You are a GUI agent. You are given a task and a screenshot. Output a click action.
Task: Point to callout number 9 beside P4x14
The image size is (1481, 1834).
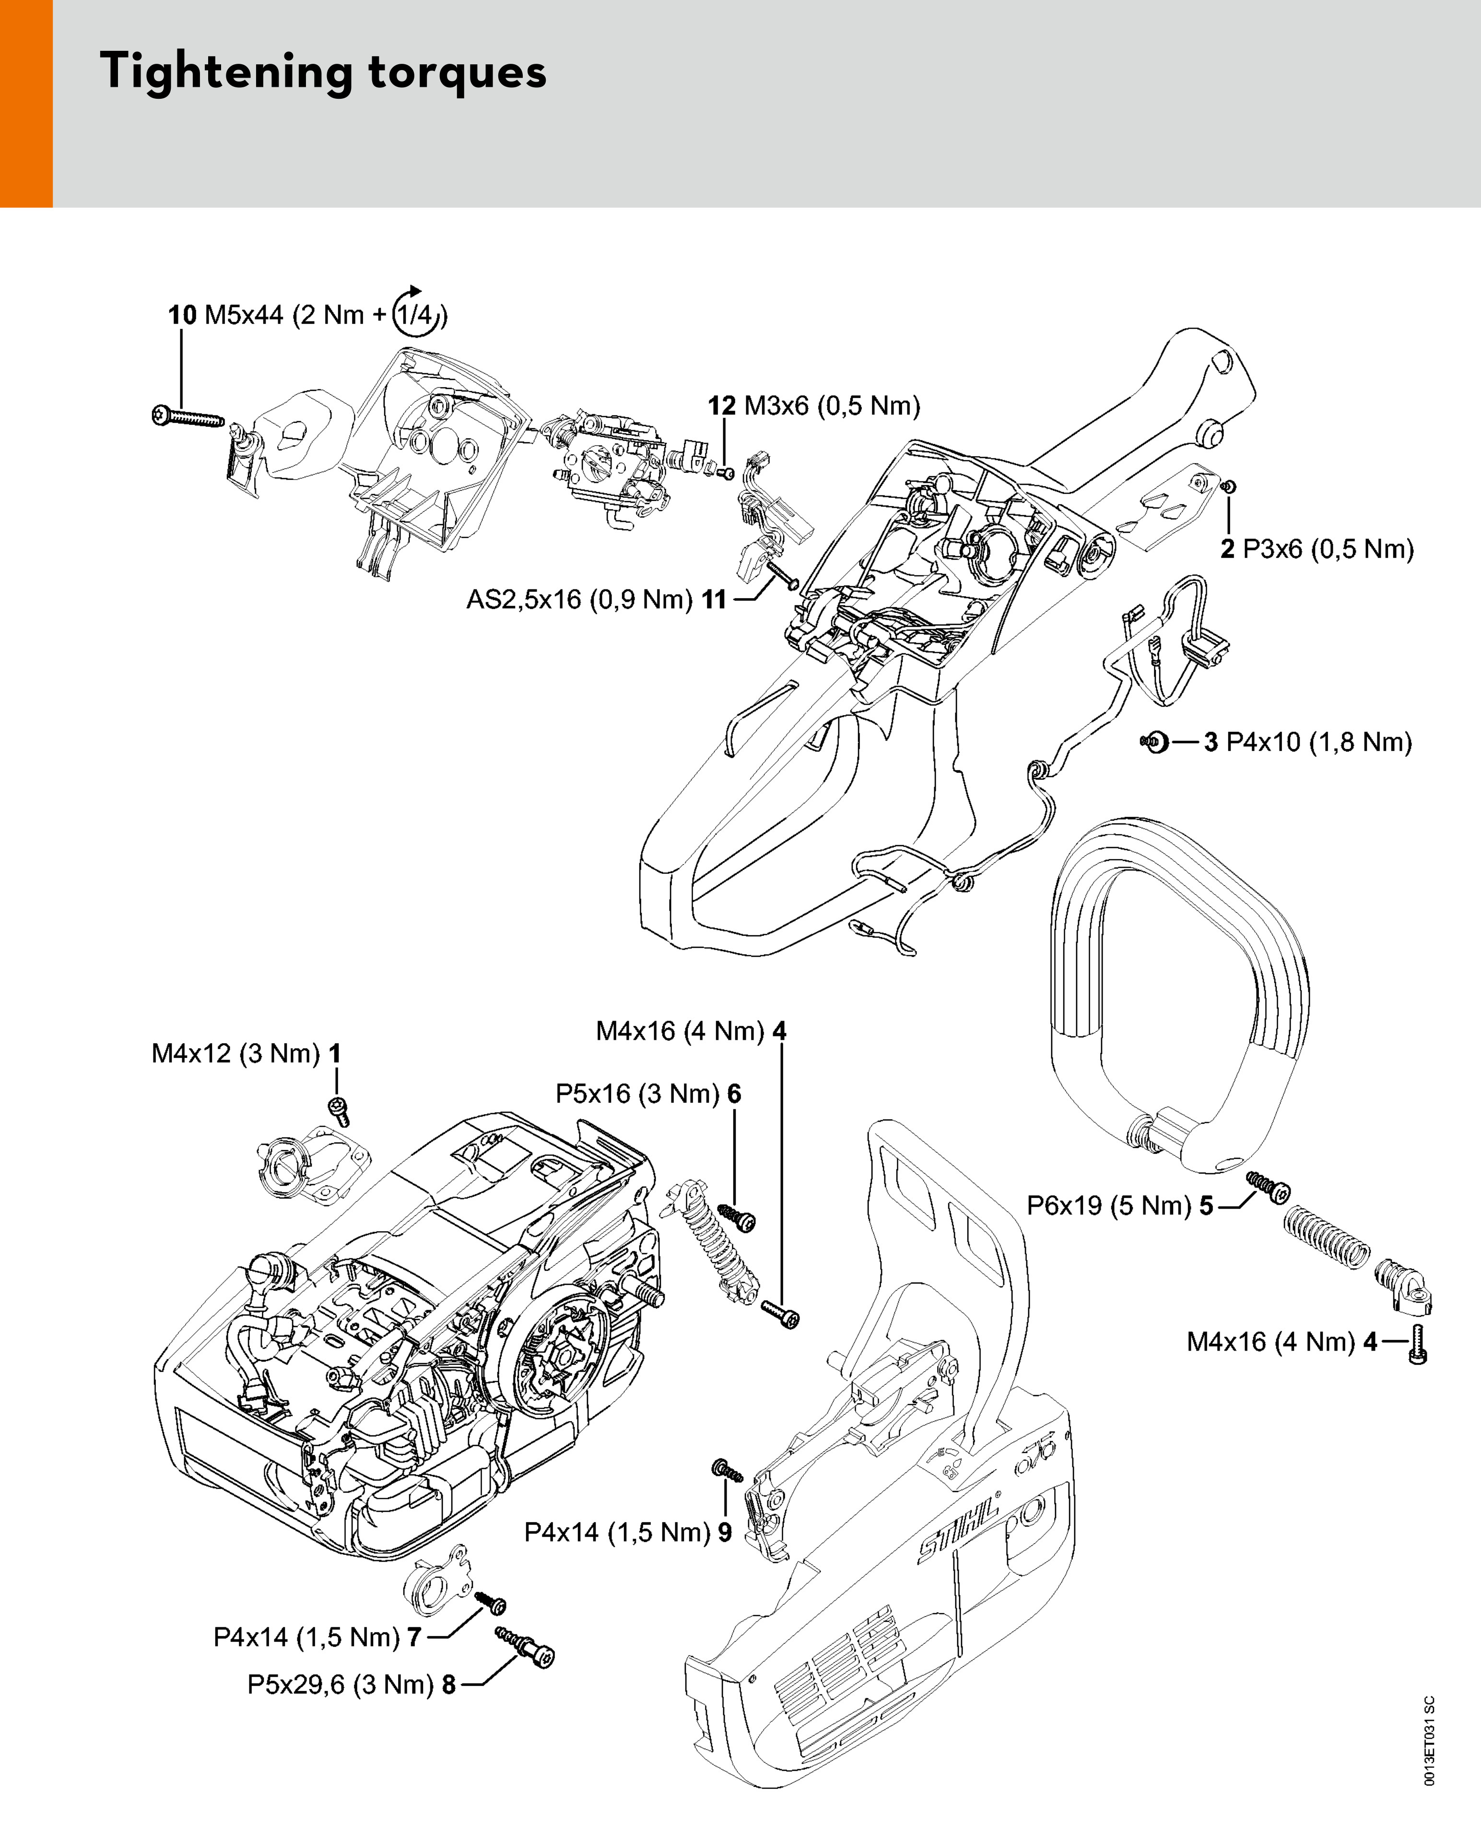click(724, 1533)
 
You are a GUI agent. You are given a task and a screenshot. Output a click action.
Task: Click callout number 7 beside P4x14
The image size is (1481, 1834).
click(414, 1638)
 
